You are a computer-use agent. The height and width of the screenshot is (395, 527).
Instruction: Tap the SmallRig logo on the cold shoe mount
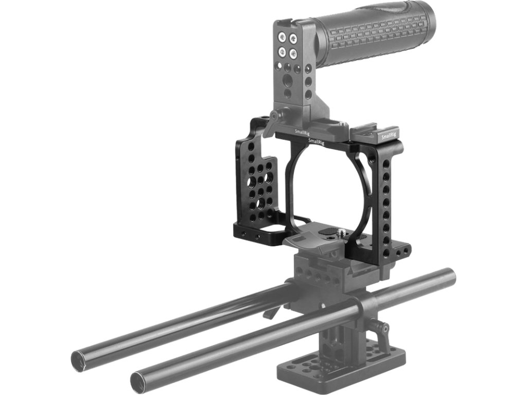pyautogui.click(x=389, y=136)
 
